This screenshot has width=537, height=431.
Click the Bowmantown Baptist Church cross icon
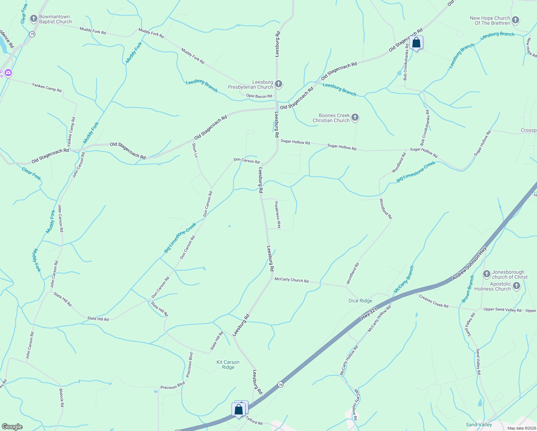pyautogui.click(x=34, y=19)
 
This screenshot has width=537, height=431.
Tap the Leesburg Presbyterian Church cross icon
pyautogui.click(x=279, y=84)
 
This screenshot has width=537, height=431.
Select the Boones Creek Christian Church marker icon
pyautogui.click(x=355, y=117)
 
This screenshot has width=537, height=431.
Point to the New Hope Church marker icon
pyautogui.click(x=515, y=20)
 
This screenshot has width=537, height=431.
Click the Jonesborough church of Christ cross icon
pyautogui.click(x=487, y=274)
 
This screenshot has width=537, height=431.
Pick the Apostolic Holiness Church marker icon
pyautogui.click(x=517, y=286)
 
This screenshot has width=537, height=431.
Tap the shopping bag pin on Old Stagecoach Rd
pyautogui.click(x=416, y=43)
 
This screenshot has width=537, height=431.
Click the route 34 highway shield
pyautogui.click(x=280, y=385)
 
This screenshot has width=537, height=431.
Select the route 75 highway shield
pyautogui.click(x=32, y=34)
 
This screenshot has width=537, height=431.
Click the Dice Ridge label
pyautogui.click(x=360, y=301)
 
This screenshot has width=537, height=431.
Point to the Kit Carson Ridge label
pyautogui.click(x=228, y=365)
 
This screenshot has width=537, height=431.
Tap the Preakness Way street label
pyautogui.click(x=277, y=215)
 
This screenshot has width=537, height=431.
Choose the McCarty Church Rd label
pyautogui.click(x=291, y=280)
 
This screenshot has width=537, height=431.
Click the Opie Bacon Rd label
pyautogui.click(x=259, y=96)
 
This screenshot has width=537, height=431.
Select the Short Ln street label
pyautogui.click(x=195, y=150)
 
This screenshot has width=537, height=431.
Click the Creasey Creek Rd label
pyautogui.click(x=434, y=301)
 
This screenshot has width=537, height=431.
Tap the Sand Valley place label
pyautogui.click(x=479, y=425)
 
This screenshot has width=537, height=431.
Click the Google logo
pyautogui.click(x=13, y=426)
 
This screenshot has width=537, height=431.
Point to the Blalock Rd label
pyautogui.click(x=61, y=397)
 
